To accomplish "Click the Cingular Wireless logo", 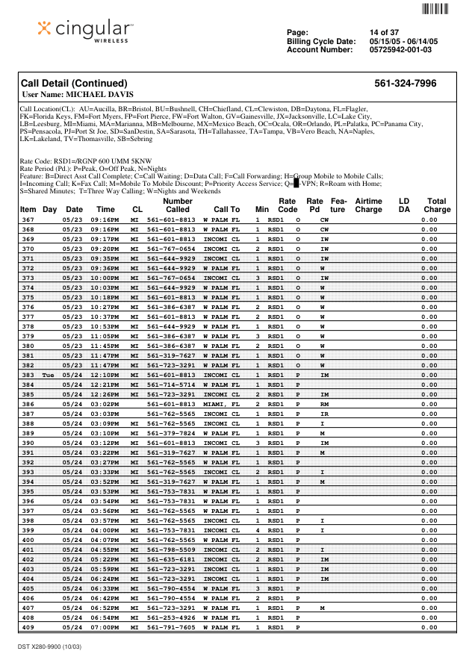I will (85, 29).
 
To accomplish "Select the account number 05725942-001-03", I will (400, 50).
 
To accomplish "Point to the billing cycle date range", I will (403, 41).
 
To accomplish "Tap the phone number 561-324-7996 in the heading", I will (405, 83).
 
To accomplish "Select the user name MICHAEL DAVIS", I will (78, 95).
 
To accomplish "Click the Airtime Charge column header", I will (368, 205).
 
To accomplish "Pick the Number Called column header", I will (178, 205).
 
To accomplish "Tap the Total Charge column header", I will (437, 205).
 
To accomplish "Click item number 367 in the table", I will (28, 219).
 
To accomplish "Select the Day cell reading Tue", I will (49, 375).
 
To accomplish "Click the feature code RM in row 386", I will (324, 404).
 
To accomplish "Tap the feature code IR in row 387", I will (324, 414).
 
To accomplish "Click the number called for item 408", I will (171, 617).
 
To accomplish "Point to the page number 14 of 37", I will (384, 32).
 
